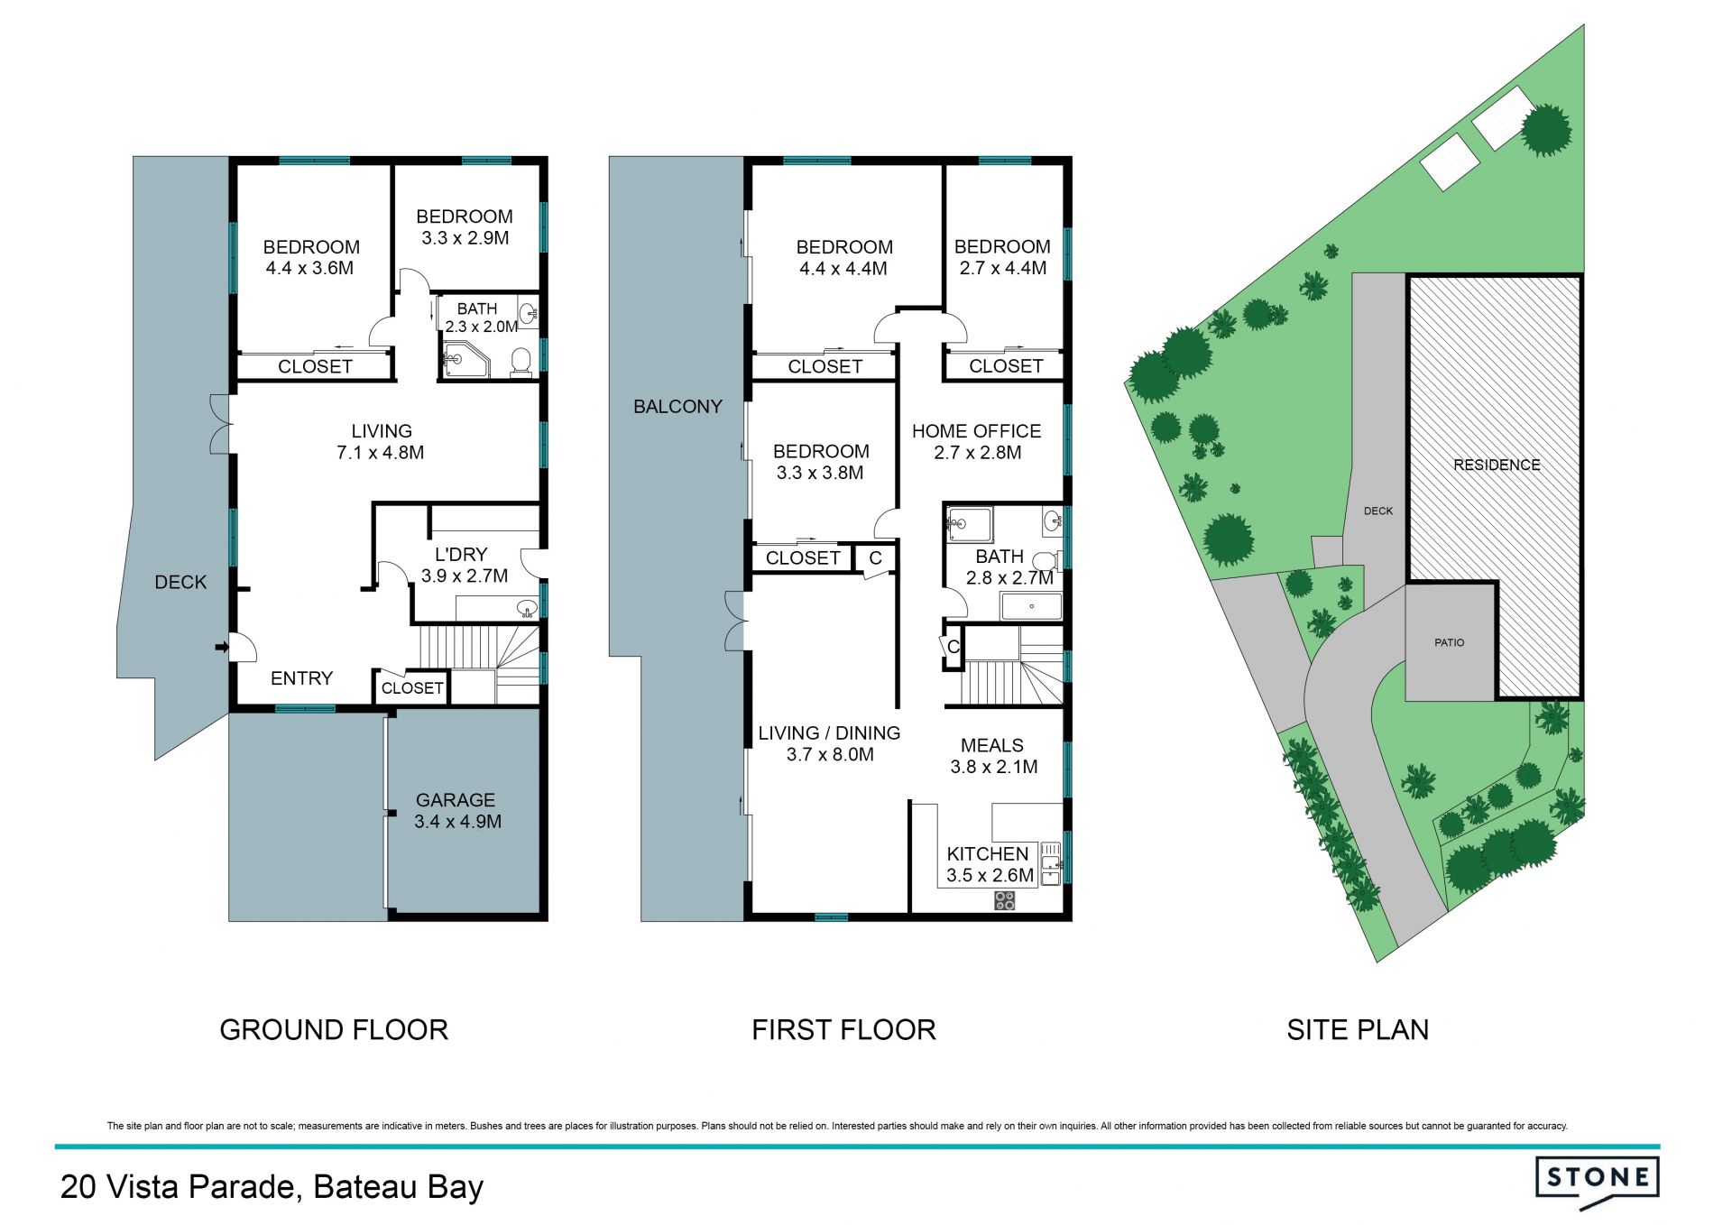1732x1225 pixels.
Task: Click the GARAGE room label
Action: tap(456, 800)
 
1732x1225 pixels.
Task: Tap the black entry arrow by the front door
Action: tap(220, 646)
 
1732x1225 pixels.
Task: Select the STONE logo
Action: tap(1598, 1182)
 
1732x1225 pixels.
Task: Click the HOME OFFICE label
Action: tap(976, 431)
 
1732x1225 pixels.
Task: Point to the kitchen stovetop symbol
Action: tap(1005, 899)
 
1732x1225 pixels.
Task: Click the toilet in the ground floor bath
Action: tap(521, 364)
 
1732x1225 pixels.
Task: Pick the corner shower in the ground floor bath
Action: tap(464, 359)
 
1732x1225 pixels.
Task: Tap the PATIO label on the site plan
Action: tap(1450, 642)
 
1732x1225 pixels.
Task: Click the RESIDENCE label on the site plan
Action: tap(1497, 465)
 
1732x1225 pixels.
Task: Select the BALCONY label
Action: tap(677, 407)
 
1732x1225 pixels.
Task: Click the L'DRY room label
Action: tap(461, 555)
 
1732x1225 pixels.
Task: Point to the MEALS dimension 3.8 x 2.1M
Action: tap(993, 767)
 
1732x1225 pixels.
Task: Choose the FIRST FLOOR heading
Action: tap(843, 1029)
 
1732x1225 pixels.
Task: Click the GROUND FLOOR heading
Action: tap(334, 1029)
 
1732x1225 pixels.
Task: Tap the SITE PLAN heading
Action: tap(1358, 1029)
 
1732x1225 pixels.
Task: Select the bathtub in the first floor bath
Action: tap(1031, 606)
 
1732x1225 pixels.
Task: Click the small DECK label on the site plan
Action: tap(1378, 511)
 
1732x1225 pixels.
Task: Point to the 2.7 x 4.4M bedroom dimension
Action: tap(1002, 268)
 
